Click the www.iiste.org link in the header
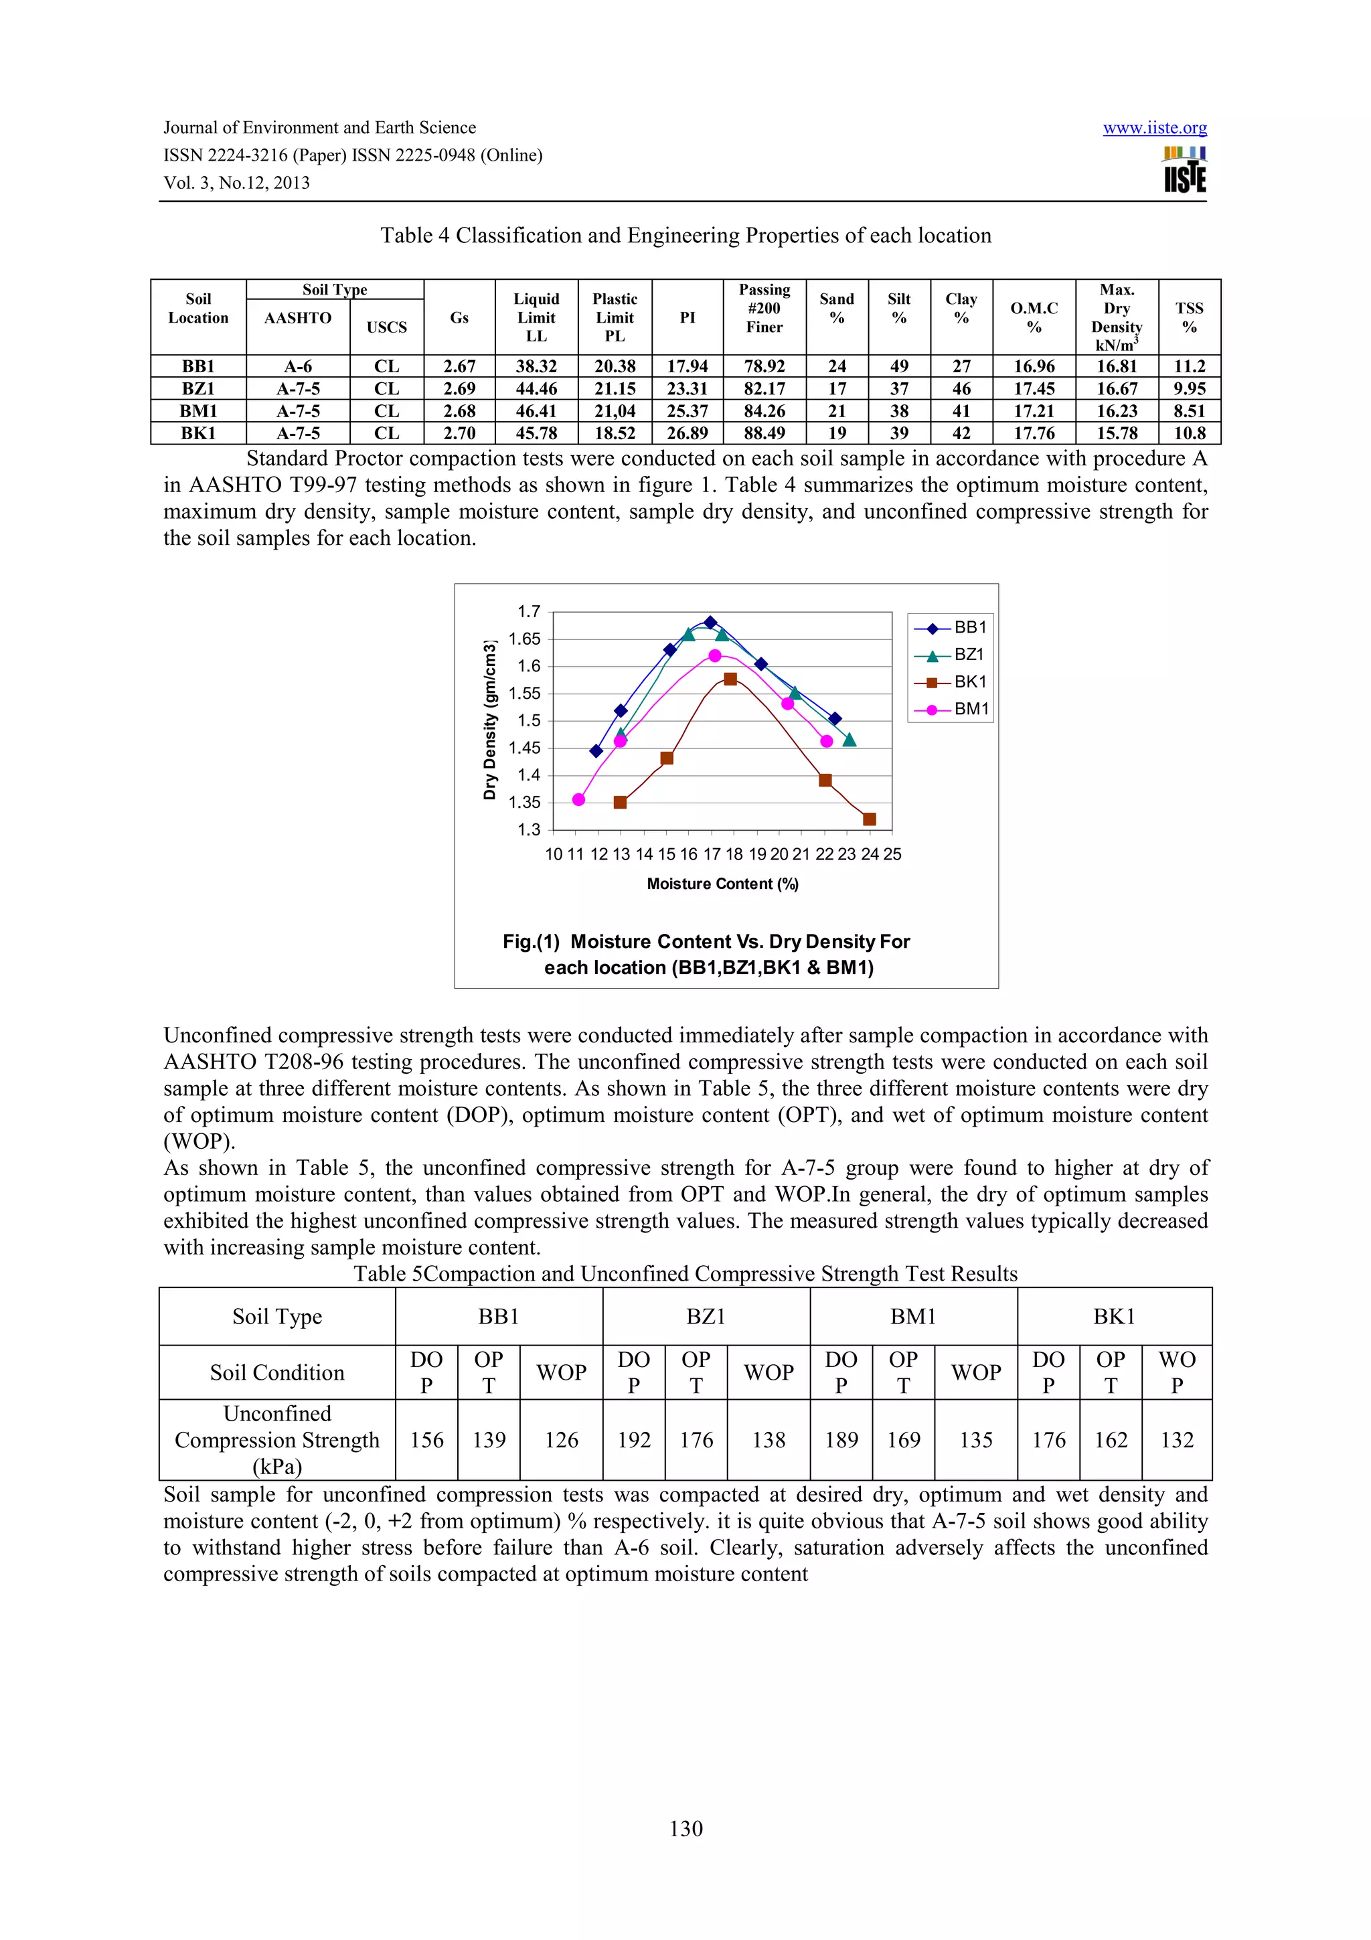click(x=1154, y=128)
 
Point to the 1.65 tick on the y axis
click(x=523, y=639)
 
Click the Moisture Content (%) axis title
click(x=722, y=884)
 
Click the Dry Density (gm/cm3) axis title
click(x=490, y=720)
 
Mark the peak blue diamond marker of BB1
click(x=710, y=623)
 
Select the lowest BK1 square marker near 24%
click(x=869, y=819)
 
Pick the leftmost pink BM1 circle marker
click(x=578, y=799)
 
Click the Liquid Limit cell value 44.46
click(x=536, y=389)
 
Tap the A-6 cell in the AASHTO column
click(x=298, y=367)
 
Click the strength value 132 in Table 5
click(x=1177, y=1440)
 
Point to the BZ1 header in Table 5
click(x=706, y=1316)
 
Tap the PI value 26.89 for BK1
click(x=688, y=434)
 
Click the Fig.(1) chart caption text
click(x=707, y=954)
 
